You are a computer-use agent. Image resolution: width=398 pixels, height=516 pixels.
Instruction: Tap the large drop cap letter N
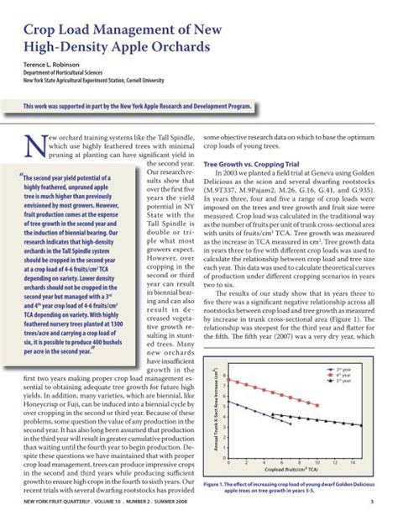point(23,149)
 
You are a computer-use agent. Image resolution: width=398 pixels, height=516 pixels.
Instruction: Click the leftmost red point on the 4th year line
point(228,379)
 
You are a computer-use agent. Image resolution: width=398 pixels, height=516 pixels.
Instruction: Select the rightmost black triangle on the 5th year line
point(362,426)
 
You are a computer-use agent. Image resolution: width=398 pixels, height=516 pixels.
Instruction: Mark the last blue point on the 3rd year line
point(291,424)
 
